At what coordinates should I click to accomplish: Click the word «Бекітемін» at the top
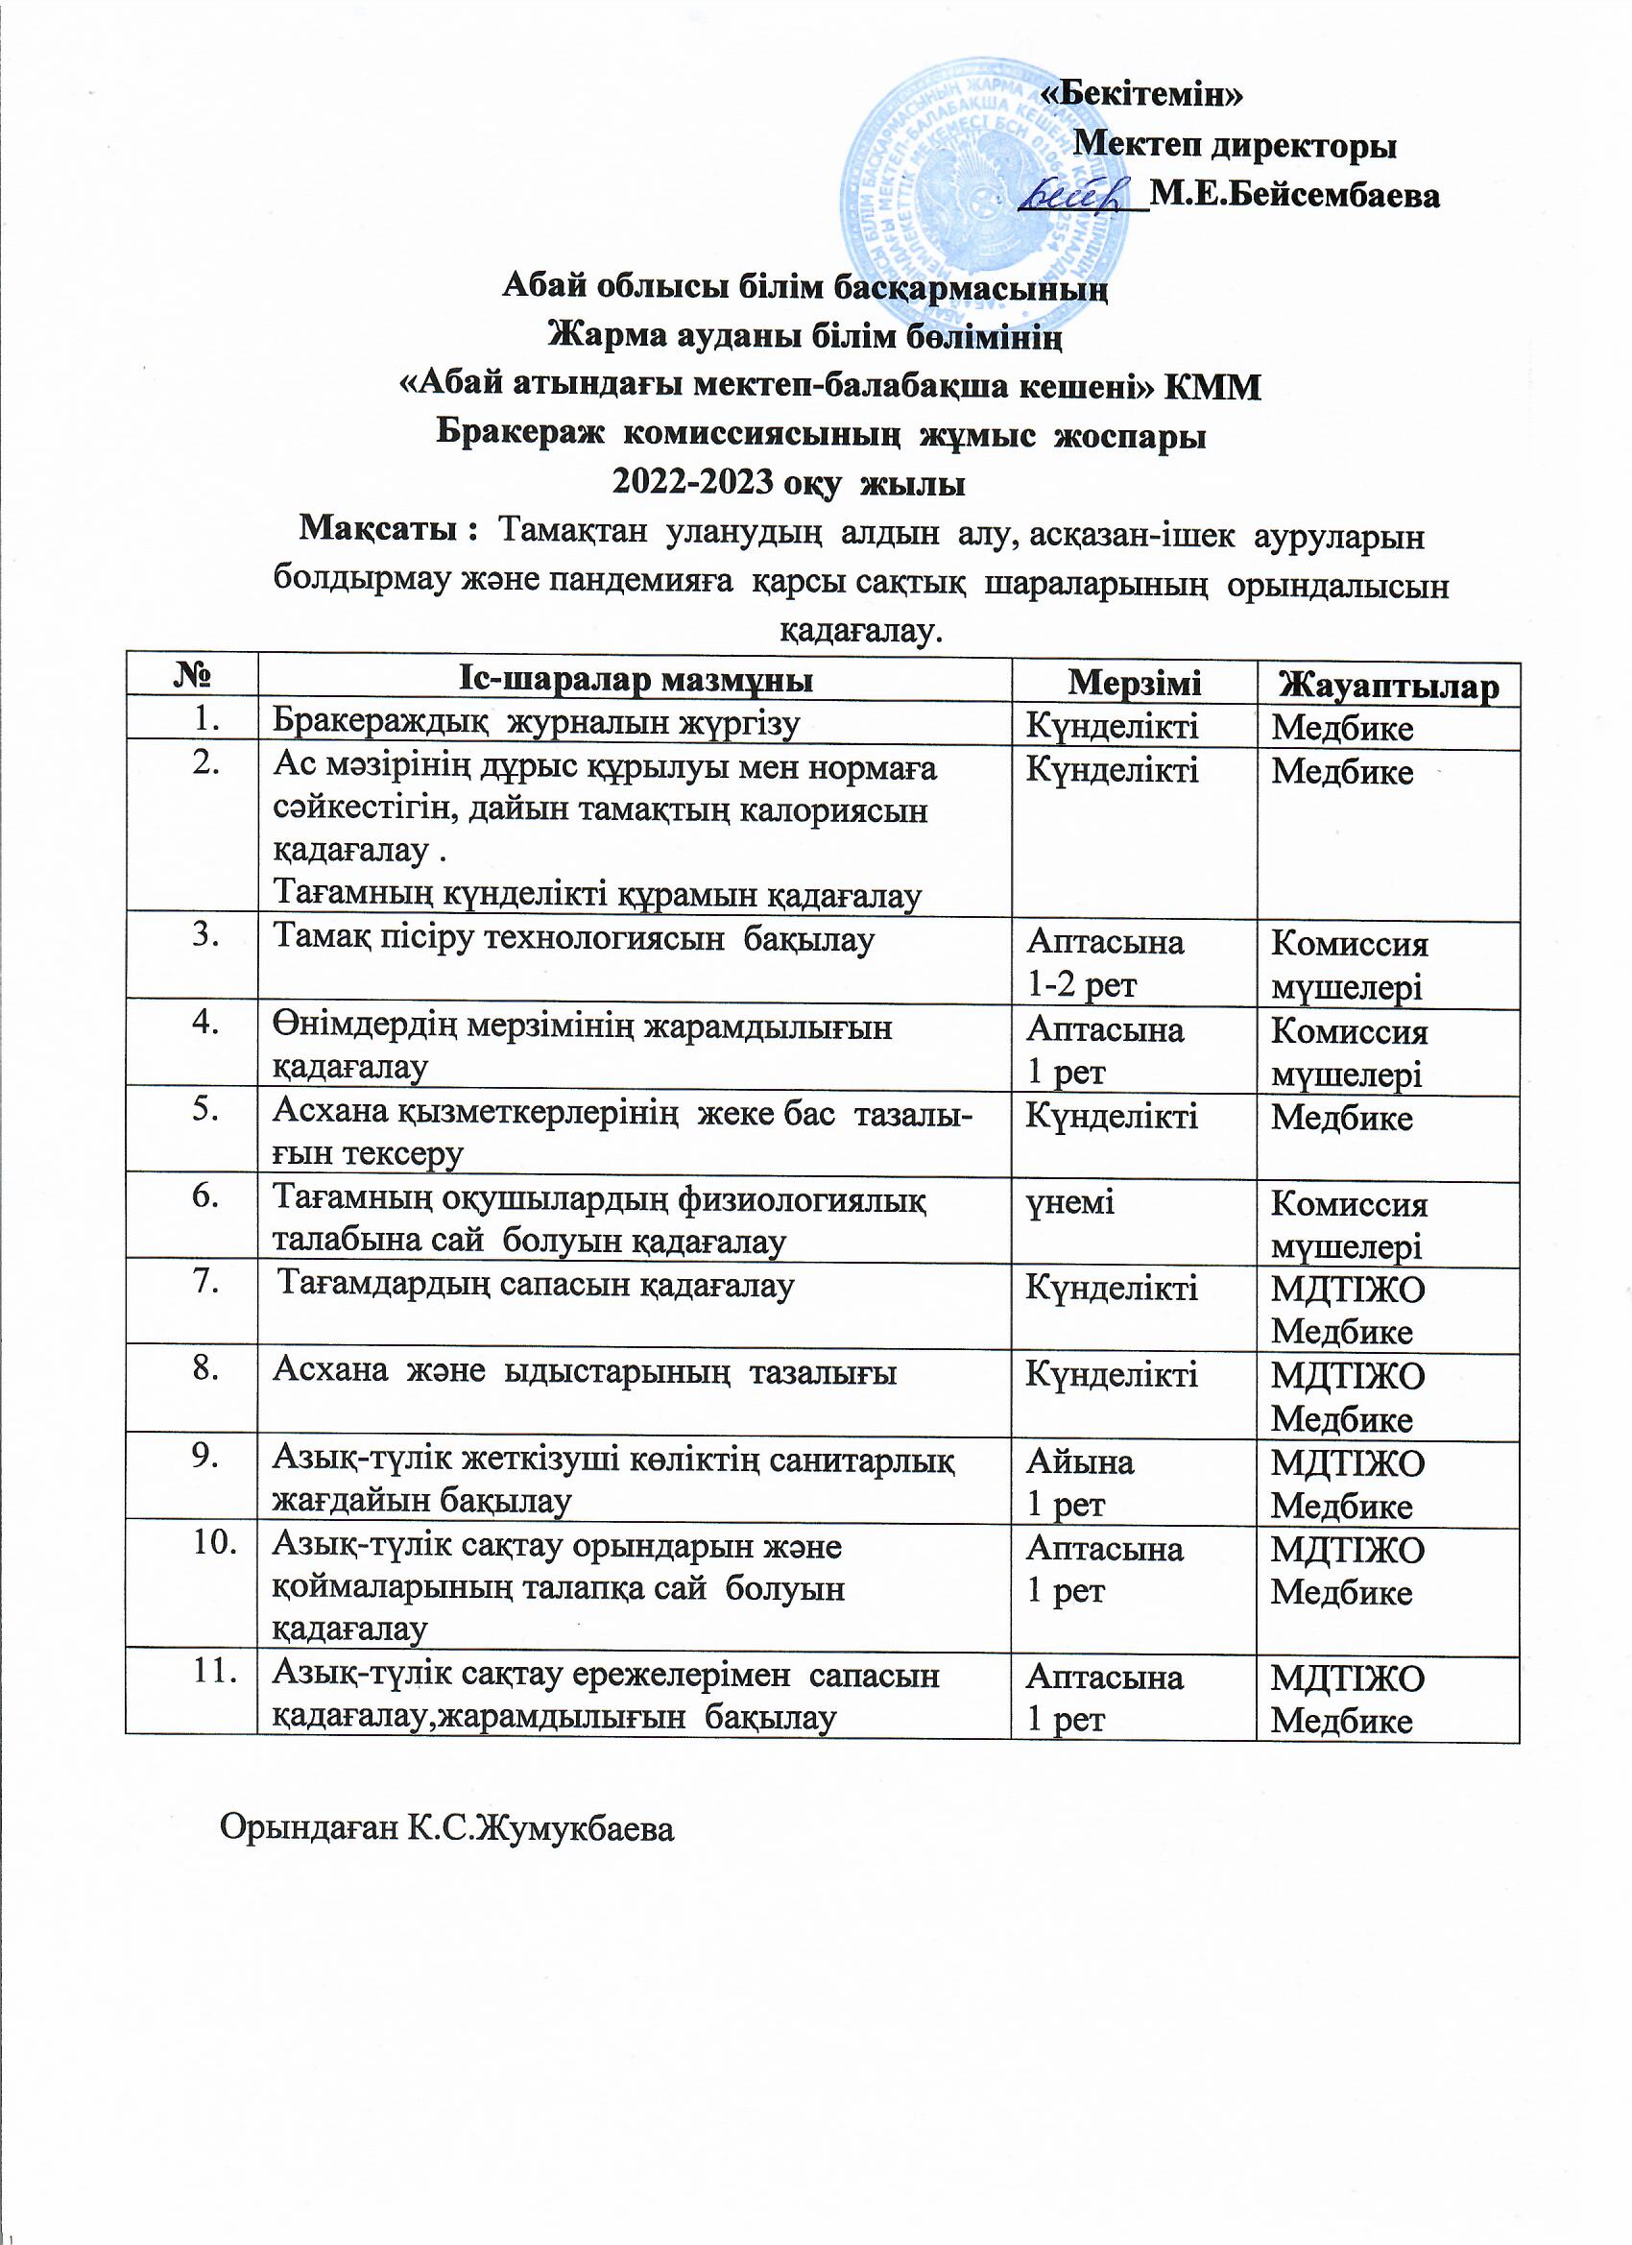coord(1144,94)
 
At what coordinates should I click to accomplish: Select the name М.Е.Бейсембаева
coord(1294,195)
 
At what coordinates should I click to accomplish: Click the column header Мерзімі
coord(1134,681)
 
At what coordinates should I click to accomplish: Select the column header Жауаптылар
coord(1388,686)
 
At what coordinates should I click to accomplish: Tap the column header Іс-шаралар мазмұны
coord(636,679)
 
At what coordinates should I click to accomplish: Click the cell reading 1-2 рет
coord(1082,985)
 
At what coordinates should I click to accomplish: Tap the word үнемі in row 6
coord(1070,1201)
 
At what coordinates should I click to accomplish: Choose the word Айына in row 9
coord(1081,1462)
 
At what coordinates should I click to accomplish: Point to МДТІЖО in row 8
coord(1347,1376)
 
